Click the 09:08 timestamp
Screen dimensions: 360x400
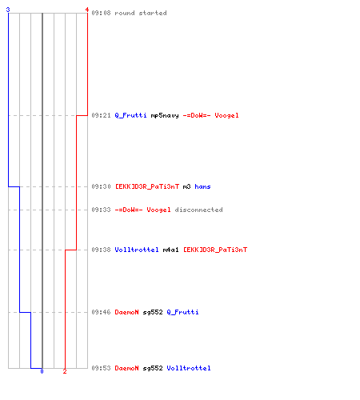tap(101, 13)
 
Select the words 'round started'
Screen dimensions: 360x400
tap(141, 13)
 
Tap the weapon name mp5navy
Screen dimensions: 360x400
tap(165, 115)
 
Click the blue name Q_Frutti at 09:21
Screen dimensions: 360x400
tap(130, 115)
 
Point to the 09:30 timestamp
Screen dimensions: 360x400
tap(101, 186)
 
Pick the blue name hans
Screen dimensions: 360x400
tap(202, 186)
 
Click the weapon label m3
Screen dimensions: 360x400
tap(186, 186)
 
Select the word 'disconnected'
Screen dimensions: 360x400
tap(198, 210)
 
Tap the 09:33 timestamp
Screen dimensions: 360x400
tap(101, 210)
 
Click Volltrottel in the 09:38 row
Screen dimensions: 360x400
tap(137, 250)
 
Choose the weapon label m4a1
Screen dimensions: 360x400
tap(170, 250)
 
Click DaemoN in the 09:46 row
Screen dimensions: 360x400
tap(126, 312)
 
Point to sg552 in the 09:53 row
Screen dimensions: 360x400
tap(153, 368)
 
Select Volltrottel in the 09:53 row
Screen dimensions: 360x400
tap(189, 368)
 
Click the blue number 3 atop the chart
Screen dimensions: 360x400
tap(8, 10)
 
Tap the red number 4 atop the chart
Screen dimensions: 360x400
tap(87, 10)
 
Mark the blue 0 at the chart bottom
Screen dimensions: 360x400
tap(42, 371)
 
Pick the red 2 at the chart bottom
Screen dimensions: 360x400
tap(65, 371)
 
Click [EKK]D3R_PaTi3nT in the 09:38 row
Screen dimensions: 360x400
tap(215, 250)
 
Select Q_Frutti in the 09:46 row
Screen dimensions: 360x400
tap(182, 312)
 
